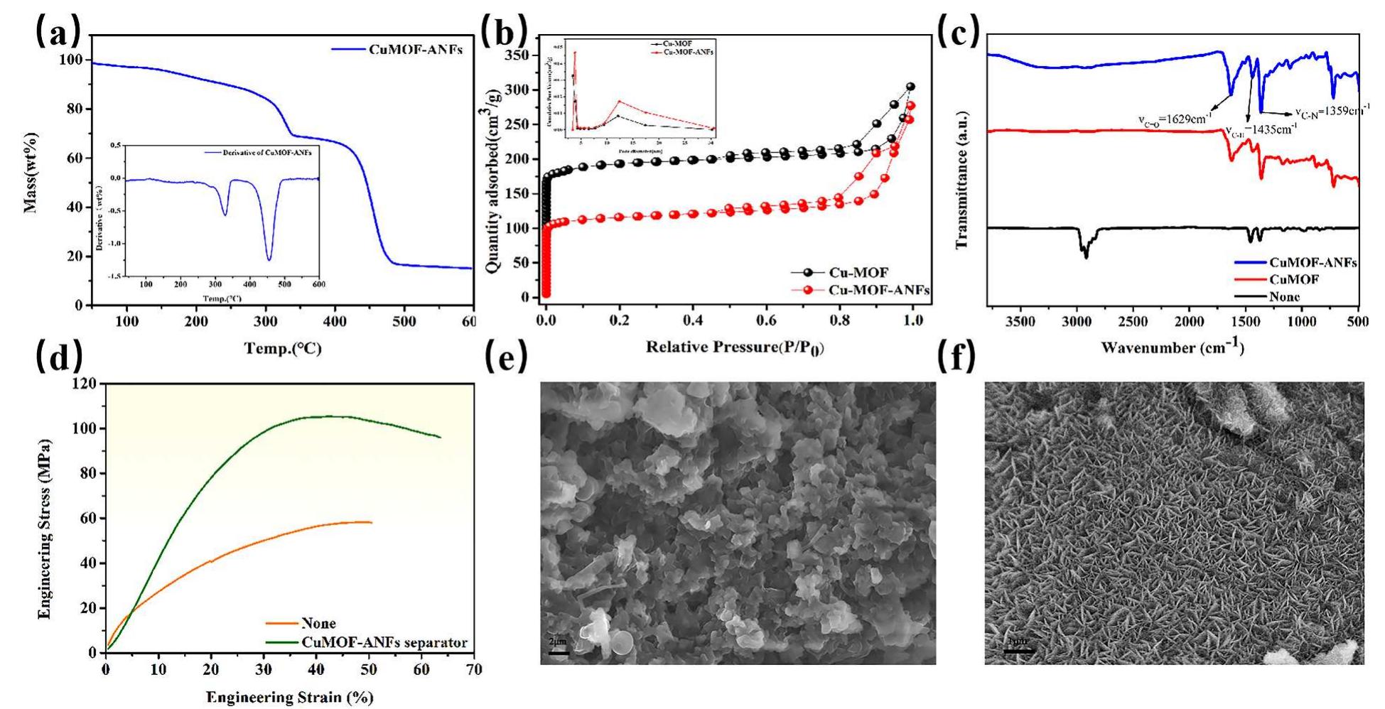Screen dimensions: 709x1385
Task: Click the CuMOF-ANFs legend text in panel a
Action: [415, 49]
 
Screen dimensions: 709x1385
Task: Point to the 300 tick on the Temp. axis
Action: [266, 321]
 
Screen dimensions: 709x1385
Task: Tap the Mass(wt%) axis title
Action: [31, 173]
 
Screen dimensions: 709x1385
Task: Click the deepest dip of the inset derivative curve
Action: [269, 259]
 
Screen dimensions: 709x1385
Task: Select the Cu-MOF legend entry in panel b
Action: [858, 273]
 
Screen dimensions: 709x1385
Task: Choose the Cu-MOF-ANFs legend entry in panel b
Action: [878, 290]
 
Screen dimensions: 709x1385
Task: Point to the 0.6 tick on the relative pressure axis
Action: [765, 320]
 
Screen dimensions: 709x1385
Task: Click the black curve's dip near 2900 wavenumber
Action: [1085, 256]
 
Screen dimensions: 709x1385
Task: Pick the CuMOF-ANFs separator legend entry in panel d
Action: [384, 643]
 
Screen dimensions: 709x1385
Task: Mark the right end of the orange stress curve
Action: [371, 522]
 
